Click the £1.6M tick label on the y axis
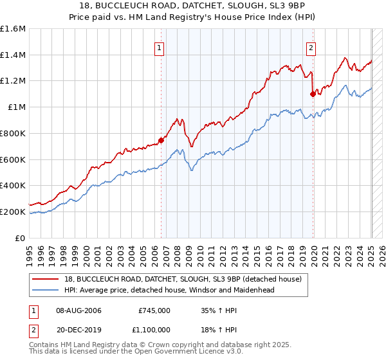point(12,29)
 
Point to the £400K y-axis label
point(12,185)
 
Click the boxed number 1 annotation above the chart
point(159,46)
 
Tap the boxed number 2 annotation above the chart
point(311,46)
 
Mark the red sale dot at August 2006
point(161,141)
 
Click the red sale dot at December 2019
point(313,94)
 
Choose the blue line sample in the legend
point(46,290)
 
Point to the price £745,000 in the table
point(154,310)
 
